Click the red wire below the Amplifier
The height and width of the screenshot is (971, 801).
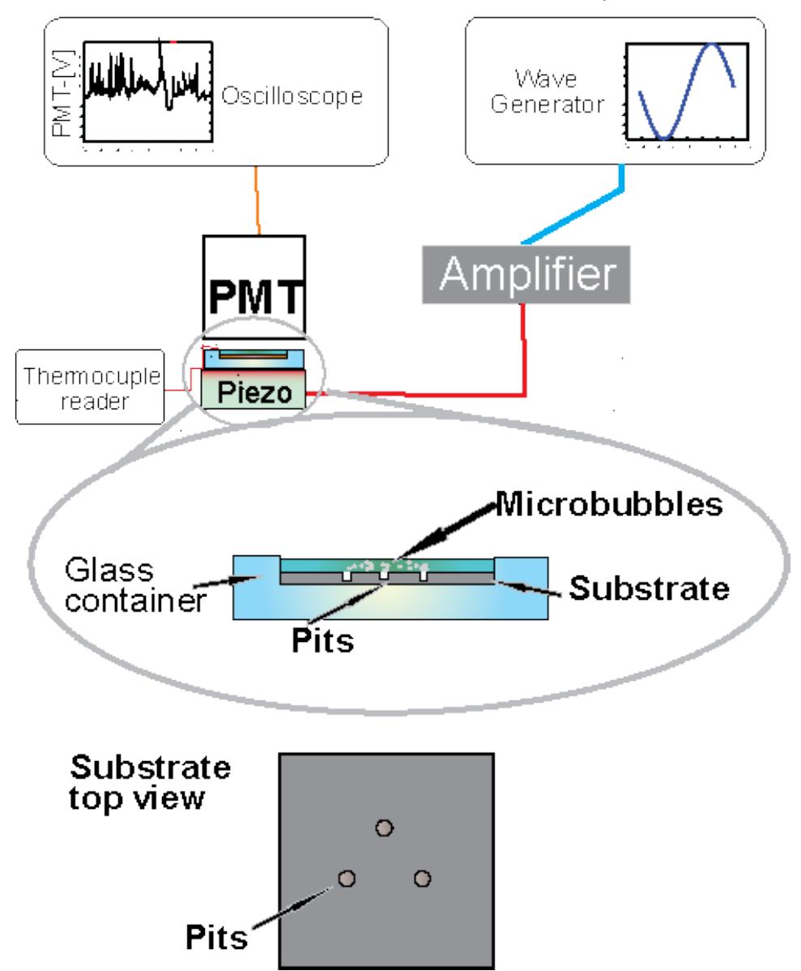(529, 349)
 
